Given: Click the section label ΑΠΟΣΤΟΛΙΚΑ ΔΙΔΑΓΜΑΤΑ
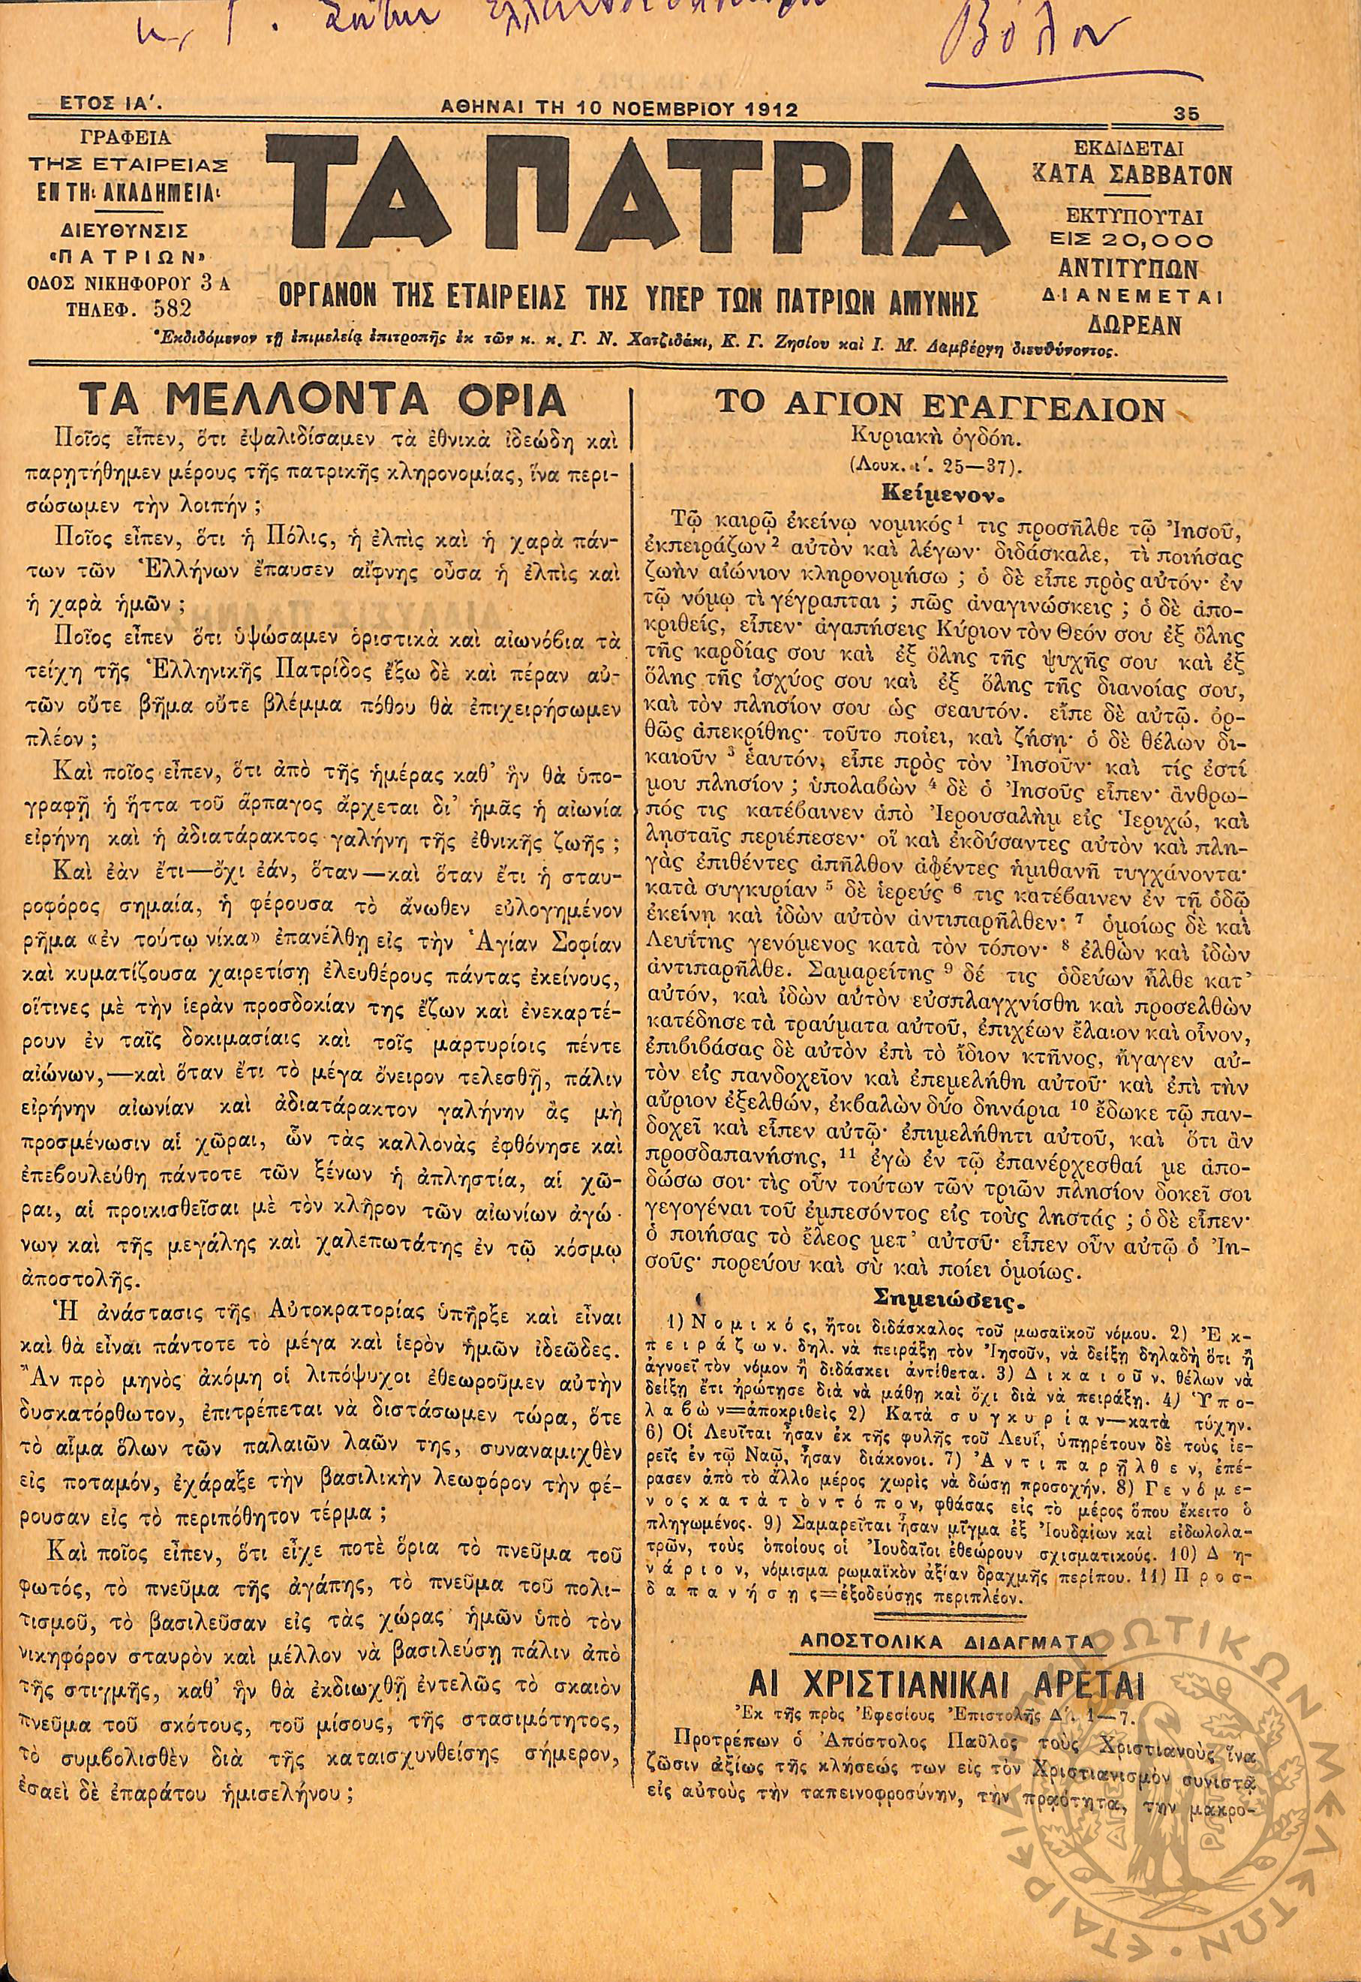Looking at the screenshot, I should tap(945, 1592).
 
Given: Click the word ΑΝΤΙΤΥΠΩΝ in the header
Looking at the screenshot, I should tap(1134, 270).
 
